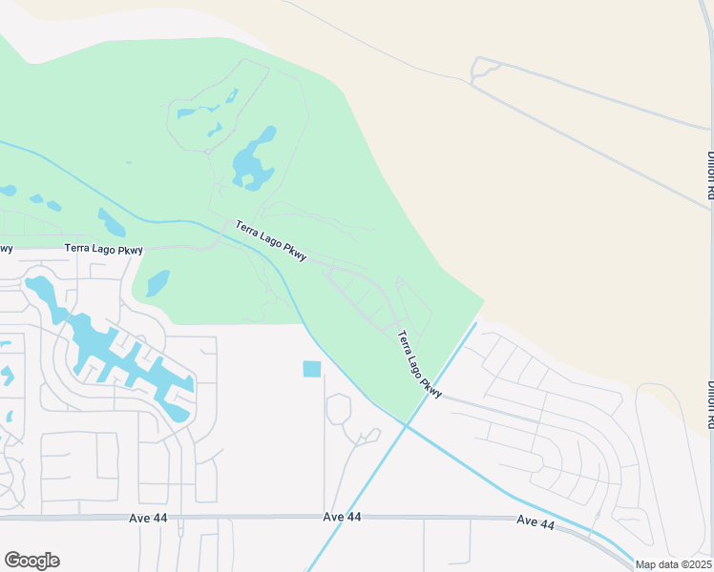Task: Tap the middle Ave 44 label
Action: click(342, 517)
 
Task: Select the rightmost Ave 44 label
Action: click(535, 521)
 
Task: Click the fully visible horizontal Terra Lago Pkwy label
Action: click(103, 249)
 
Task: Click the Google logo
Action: click(31, 561)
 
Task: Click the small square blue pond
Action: click(311, 369)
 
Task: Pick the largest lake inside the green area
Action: click(254, 158)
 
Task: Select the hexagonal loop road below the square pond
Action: click(338, 409)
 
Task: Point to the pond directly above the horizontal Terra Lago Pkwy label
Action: click(111, 223)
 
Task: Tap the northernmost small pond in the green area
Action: click(233, 95)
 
